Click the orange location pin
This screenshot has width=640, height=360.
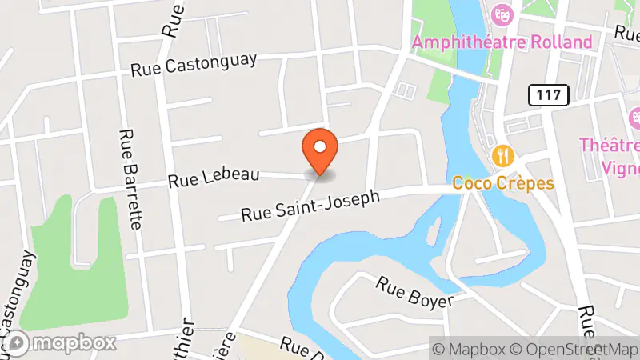coord(320,152)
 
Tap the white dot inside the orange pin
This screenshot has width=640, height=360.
coord(320,146)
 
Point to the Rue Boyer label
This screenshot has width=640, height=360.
coord(415,293)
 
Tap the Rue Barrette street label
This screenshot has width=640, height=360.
coord(130,179)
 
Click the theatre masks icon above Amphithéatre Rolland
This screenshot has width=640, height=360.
coord(502,14)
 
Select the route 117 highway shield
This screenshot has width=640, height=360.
coord(548,95)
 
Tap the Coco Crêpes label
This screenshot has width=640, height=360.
coord(503,183)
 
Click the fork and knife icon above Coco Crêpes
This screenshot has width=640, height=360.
coord(502,154)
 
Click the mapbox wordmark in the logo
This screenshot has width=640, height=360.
coord(74,343)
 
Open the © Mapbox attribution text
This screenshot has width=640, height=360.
coord(471,349)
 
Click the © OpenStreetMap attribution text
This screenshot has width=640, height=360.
coord(576,349)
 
